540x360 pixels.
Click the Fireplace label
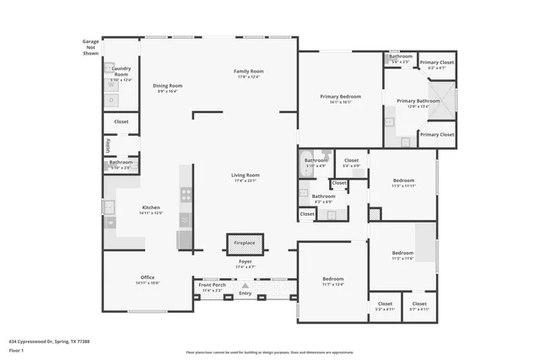click(x=245, y=243)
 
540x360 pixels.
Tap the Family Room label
click(x=249, y=72)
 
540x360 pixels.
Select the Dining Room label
click(x=167, y=85)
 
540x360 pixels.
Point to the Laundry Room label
click(x=121, y=72)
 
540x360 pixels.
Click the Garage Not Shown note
click(x=90, y=47)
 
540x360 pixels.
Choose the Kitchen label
click(x=150, y=207)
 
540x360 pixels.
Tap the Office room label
click(x=148, y=277)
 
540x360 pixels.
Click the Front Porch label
click(x=212, y=285)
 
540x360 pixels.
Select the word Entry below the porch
click(x=246, y=293)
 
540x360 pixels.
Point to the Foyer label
click(x=245, y=262)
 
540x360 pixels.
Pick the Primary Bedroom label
click(x=340, y=97)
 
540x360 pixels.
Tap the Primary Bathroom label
click(x=413, y=102)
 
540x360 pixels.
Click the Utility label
click(x=108, y=146)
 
